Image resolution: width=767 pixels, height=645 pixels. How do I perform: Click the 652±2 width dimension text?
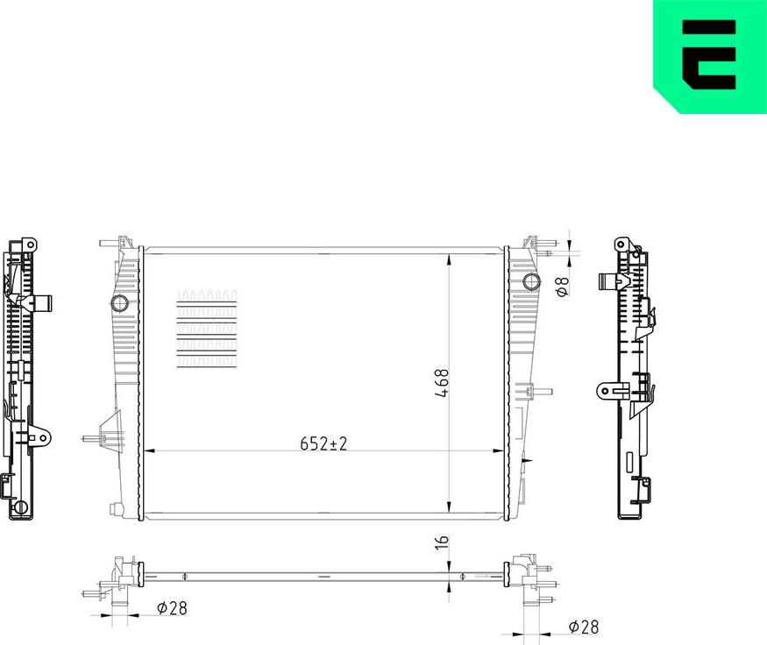click(323, 443)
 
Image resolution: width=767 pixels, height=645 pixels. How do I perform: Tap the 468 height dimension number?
click(443, 384)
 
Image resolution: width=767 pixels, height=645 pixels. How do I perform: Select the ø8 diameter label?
click(564, 286)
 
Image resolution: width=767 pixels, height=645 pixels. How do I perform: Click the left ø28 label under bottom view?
click(171, 606)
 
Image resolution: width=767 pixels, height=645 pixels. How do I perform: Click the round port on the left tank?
click(119, 304)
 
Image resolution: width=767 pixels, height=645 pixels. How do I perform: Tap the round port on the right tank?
click(530, 281)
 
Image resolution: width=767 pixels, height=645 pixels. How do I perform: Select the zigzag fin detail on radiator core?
click(207, 331)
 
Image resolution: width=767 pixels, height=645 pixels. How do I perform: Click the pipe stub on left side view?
click(42, 304)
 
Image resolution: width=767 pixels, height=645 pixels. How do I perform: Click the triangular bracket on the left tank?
click(110, 431)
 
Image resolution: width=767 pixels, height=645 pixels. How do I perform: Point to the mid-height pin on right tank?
click(542, 392)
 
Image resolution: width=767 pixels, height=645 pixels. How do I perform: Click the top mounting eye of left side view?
click(29, 243)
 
